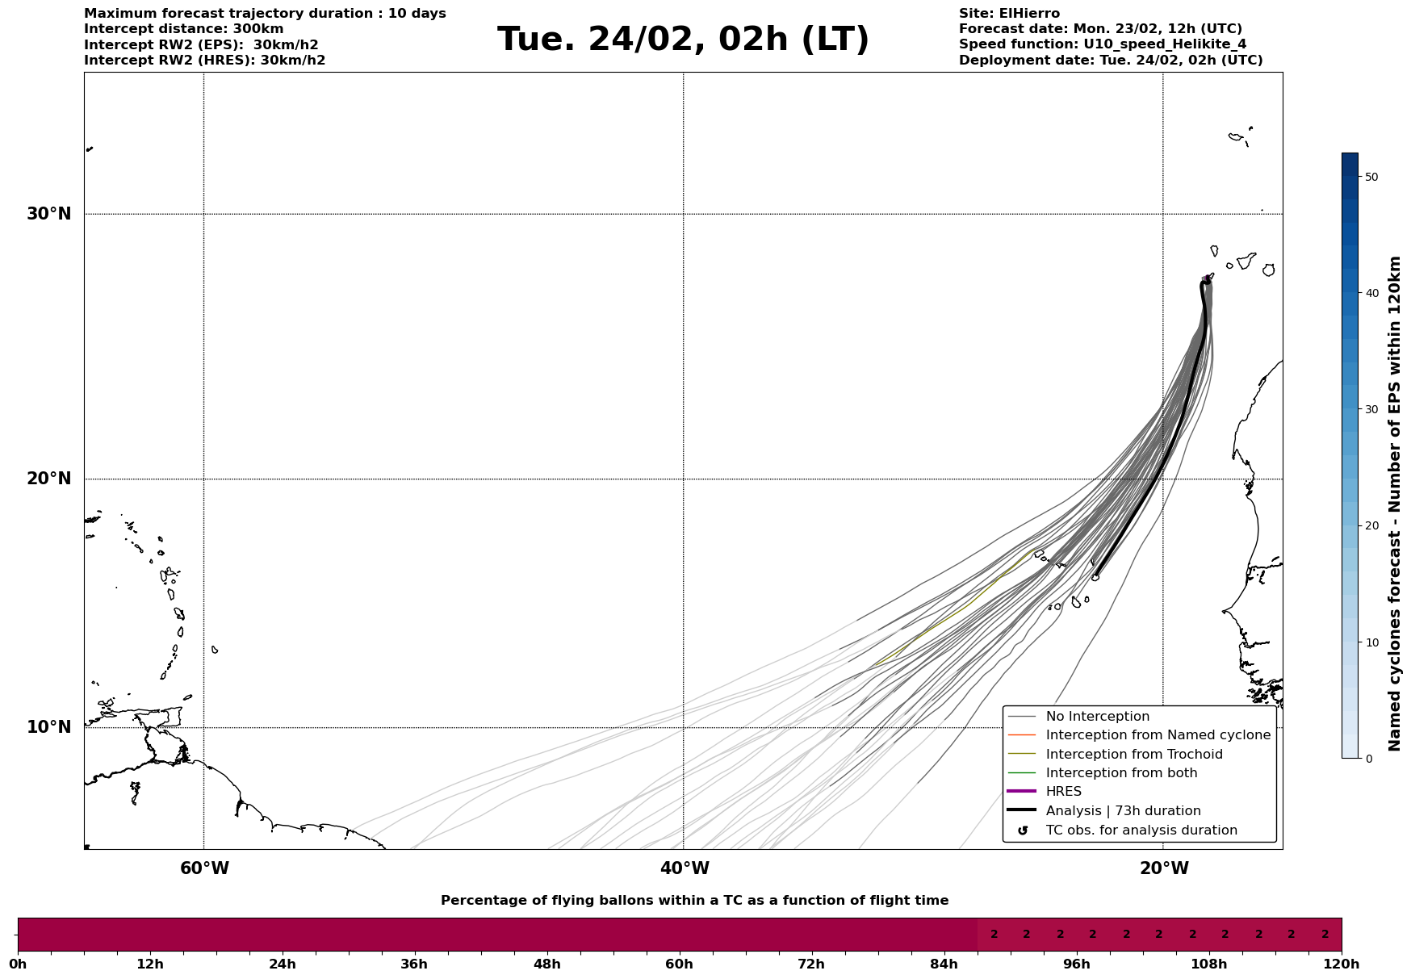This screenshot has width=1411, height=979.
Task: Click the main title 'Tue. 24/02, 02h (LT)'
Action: [683, 40]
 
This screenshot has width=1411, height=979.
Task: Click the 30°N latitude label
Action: [48, 214]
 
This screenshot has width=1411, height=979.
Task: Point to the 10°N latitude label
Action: [48, 727]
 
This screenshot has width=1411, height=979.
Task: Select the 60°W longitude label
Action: [204, 868]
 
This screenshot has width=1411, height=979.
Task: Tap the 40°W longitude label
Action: [685, 868]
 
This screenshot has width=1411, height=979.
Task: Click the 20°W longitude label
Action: [1164, 868]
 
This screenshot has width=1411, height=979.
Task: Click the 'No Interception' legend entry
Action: [1097, 717]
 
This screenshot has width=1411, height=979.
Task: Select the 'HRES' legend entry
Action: [1063, 792]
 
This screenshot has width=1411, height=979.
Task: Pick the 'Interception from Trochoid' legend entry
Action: [1133, 755]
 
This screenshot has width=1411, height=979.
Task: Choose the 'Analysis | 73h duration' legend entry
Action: [1123, 811]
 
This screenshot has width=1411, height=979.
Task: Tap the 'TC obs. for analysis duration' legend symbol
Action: [1023, 830]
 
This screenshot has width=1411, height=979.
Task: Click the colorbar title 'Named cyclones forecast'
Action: [1394, 504]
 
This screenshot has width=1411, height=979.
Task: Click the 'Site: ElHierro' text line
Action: [1009, 14]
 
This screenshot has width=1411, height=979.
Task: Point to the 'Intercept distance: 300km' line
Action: [184, 29]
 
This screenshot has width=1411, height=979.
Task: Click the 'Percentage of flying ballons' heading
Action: [694, 901]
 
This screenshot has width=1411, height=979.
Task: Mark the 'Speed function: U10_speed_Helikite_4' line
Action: [1103, 44]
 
